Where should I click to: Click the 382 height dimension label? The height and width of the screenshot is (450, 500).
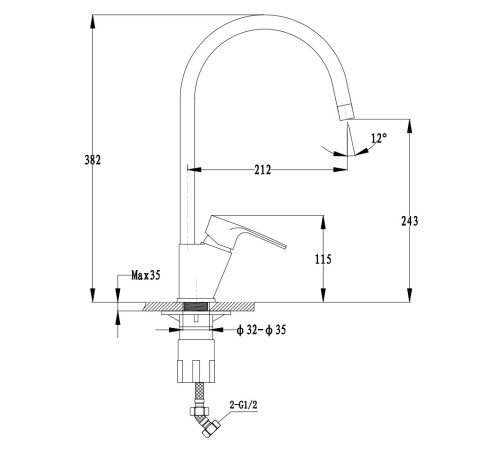[x=92, y=160]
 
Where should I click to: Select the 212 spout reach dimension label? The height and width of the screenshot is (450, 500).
[x=263, y=170]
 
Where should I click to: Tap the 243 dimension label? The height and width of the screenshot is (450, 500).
[x=410, y=221]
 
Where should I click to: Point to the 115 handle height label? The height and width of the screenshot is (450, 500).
[x=323, y=259]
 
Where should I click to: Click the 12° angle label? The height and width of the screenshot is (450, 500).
[x=379, y=138]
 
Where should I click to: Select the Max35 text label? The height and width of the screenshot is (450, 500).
[x=146, y=275]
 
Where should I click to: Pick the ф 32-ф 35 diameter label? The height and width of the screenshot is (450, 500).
[x=261, y=330]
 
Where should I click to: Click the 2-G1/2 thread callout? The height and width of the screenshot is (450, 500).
[x=244, y=405]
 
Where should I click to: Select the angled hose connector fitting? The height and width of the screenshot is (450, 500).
[x=204, y=420]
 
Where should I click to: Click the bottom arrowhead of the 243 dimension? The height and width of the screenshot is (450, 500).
[x=409, y=295]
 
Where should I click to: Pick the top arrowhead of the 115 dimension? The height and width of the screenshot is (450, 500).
[x=323, y=223]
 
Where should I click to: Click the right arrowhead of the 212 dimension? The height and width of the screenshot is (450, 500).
[x=340, y=170]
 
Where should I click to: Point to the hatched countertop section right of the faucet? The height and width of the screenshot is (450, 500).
[x=233, y=307]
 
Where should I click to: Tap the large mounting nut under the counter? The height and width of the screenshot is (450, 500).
[x=196, y=361]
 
